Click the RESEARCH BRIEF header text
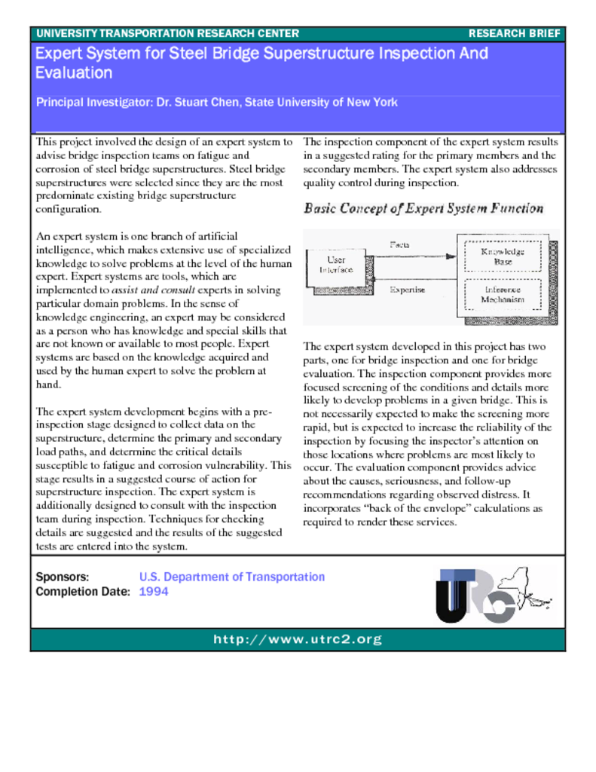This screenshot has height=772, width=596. click(514, 34)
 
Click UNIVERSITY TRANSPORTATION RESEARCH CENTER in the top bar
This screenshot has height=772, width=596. click(167, 34)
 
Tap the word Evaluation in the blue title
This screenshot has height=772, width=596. click(74, 73)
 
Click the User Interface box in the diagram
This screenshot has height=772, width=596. click(337, 265)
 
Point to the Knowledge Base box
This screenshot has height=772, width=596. click(503, 256)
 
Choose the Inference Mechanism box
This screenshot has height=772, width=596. click(503, 295)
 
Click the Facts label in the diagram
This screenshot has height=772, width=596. click(399, 244)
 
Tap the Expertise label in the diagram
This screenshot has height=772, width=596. click(407, 289)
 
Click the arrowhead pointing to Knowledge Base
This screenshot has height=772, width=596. click(451, 256)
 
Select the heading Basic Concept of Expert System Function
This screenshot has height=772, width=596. click(423, 209)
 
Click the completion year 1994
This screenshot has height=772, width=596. click(154, 592)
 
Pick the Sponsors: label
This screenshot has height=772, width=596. click(63, 577)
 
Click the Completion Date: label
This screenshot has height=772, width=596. click(83, 592)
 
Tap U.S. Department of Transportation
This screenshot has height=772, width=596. click(232, 577)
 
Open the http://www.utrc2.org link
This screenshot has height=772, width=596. click(298, 640)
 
